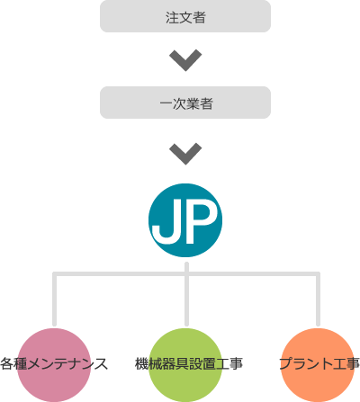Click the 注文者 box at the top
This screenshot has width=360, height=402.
(x=185, y=16)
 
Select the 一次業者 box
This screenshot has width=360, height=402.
(x=185, y=103)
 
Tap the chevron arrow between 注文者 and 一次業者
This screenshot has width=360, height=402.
(x=185, y=60)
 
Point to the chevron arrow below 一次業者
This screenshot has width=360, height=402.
(x=185, y=154)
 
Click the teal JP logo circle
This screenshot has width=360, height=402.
(x=185, y=220)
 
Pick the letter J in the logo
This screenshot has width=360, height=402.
(x=165, y=222)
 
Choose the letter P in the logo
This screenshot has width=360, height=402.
(x=201, y=221)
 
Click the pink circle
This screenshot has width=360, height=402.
(x=54, y=365)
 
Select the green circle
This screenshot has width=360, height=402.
(x=185, y=365)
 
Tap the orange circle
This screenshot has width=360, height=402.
(x=318, y=365)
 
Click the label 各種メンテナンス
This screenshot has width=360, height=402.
(x=54, y=363)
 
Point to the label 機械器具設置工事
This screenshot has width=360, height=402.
(x=189, y=363)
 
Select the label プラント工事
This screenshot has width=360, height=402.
(x=319, y=363)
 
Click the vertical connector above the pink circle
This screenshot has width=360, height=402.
(x=54, y=299)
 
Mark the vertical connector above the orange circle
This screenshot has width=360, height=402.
(x=318, y=299)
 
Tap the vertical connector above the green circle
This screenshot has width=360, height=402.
(x=186, y=294)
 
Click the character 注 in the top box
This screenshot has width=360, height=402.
(x=172, y=17)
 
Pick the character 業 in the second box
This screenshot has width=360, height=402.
(x=193, y=103)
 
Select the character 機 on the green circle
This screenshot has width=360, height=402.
(x=141, y=363)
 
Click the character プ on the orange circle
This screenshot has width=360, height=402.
(x=286, y=363)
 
